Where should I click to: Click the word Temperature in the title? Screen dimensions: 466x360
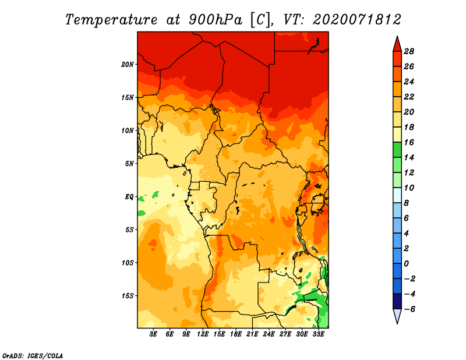click(x=111, y=20)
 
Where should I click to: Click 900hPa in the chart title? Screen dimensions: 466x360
click(x=215, y=20)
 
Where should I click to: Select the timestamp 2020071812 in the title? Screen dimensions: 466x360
click(x=357, y=20)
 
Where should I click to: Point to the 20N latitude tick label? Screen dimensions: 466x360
click(x=128, y=65)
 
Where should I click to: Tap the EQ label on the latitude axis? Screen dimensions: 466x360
click(x=129, y=197)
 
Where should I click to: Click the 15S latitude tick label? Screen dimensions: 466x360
click(x=128, y=296)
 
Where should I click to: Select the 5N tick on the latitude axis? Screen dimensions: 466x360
click(x=129, y=164)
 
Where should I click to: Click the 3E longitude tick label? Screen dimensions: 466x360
click(x=153, y=334)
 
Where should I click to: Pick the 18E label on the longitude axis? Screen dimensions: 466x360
click(x=236, y=334)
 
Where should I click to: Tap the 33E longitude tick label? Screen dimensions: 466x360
click(x=318, y=334)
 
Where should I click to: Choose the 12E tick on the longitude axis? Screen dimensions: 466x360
click(x=203, y=334)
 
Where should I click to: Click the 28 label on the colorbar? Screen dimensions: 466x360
click(x=409, y=51)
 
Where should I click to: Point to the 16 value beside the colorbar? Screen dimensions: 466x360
click(x=409, y=142)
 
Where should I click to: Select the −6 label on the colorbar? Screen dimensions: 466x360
click(x=409, y=309)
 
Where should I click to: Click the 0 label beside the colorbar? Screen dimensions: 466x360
click(x=406, y=264)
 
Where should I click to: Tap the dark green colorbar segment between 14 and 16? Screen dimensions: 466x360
click(x=397, y=150)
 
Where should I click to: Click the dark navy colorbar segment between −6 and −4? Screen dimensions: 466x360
click(x=397, y=301)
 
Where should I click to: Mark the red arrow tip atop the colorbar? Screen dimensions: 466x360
click(x=397, y=36)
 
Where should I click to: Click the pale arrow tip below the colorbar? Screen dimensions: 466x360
click(x=397, y=323)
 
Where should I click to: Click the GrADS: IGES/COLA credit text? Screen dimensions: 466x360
click(x=33, y=355)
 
